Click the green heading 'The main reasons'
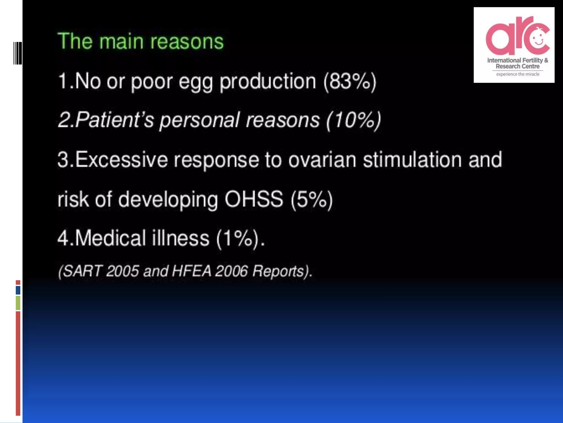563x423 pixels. [x=140, y=41]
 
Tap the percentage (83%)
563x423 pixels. [x=349, y=81]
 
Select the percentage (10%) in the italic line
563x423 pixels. [x=353, y=120]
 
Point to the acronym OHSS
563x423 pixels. [x=253, y=199]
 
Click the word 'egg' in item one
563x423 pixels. [x=195, y=82]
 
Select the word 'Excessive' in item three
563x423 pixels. [x=121, y=160]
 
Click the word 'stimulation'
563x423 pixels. [x=412, y=160]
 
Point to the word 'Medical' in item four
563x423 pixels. [x=110, y=238]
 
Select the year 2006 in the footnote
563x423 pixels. [x=231, y=271]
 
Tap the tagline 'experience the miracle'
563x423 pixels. [x=518, y=74]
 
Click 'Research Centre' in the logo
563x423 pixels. [x=517, y=66]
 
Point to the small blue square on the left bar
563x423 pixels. [x=18, y=290]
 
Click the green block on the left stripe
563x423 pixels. [x=18, y=303]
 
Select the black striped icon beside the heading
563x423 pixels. [x=18, y=53]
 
